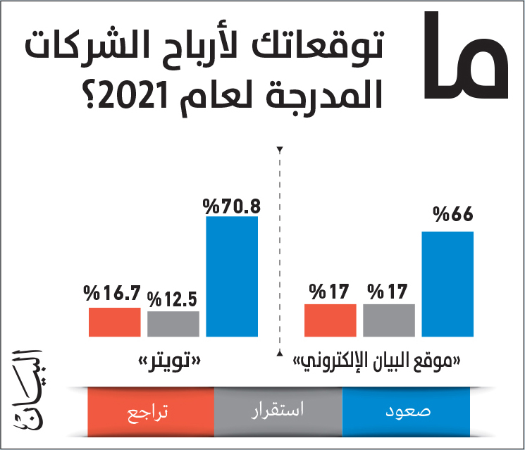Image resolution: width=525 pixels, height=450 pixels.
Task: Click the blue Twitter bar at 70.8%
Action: [232, 276]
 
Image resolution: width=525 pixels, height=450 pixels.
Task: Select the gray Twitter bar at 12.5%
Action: [173, 324]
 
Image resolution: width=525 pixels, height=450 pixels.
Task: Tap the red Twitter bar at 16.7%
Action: [114, 323]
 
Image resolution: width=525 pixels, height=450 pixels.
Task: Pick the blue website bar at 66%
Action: [447, 284]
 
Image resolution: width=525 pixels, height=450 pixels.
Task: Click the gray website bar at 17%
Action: [389, 320]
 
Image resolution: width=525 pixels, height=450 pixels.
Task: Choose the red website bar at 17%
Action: [330, 320]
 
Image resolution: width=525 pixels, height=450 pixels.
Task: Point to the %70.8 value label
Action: [231, 206]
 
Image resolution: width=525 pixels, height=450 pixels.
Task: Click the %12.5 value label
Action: [172, 299]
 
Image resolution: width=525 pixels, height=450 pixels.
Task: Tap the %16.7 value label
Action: [112, 293]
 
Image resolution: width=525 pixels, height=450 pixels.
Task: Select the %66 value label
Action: [452, 214]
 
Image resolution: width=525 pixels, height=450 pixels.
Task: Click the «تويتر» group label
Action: [170, 361]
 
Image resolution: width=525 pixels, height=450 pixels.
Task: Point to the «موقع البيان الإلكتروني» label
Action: [377, 362]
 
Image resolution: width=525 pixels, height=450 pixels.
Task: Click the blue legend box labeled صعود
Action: [406, 411]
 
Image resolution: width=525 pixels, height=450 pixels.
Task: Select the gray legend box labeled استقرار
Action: [278, 411]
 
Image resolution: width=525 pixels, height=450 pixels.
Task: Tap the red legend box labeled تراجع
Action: [151, 411]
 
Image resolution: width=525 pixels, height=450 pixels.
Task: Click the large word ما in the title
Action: [466, 55]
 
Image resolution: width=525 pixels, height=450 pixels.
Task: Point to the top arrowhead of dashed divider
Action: [280, 149]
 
